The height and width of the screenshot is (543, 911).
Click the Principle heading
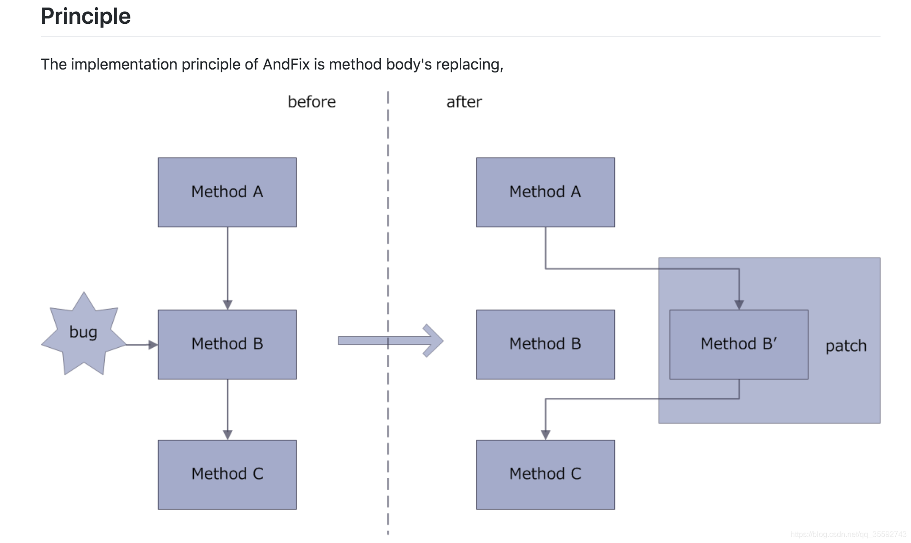click(86, 16)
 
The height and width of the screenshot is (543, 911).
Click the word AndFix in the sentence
click(286, 64)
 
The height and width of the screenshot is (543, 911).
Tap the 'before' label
click(312, 102)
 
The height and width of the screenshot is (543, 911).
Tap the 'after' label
click(464, 102)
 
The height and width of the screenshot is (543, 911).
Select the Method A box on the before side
click(227, 192)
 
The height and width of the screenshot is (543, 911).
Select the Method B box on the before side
click(227, 344)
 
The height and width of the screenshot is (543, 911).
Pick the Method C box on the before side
click(227, 474)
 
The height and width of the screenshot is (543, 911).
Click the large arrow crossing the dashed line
click(390, 341)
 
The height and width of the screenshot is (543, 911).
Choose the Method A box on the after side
click(545, 192)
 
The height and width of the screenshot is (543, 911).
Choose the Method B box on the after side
click(545, 344)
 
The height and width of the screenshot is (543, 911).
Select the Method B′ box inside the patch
click(739, 344)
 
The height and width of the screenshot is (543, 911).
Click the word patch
click(846, 346)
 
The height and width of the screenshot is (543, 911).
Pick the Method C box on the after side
click(545, 474)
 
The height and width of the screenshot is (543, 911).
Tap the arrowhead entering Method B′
click(739, 305)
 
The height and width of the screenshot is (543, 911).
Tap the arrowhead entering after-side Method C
click(545, 434)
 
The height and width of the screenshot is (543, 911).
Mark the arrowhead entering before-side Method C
click(228, 434)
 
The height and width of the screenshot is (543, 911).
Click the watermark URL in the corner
click(848, 534)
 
